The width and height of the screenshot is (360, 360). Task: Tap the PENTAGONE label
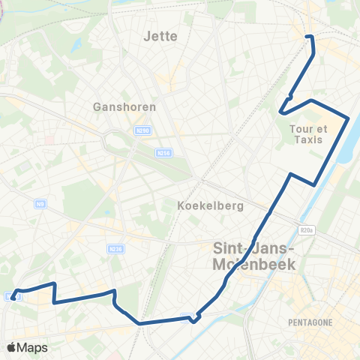click(x=309, y=322)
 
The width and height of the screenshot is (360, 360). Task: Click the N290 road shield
click(x=142, y=130)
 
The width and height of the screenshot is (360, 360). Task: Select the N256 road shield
click(x=163, y=152)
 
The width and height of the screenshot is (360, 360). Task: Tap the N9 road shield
click(x=40, y=203)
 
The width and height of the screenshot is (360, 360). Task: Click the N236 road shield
click(x=115, y=250)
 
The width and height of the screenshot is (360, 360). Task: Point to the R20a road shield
click(x=305, y=232)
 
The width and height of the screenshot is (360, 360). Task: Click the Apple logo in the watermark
click(x=11, y=347)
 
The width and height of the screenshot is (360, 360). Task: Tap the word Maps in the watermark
click(x=33, y=348)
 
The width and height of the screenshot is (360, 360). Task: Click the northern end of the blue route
click(x=308, y=36)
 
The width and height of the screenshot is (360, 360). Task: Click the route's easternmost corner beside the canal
click(x=349, y=117)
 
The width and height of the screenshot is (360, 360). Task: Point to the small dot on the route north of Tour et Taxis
click(x=289, y=96)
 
